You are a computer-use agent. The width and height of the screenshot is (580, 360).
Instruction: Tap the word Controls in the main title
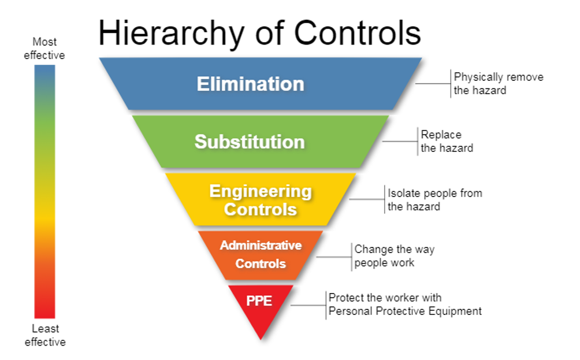click(358, 32)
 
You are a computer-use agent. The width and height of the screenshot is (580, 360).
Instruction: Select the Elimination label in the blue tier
click(250, 84)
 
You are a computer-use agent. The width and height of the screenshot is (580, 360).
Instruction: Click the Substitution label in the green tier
click(250, 142)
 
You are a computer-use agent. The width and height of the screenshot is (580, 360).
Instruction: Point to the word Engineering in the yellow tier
click(261, 192)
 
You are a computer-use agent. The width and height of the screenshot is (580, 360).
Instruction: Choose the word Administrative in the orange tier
click(261, 246)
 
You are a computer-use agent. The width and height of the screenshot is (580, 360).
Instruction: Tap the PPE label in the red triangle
click(259, 300)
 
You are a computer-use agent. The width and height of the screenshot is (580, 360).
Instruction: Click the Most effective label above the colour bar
click(44, 48)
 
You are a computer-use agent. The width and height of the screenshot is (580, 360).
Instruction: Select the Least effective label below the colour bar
click(45, 335)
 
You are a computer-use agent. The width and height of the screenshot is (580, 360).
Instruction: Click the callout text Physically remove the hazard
click(498, 84)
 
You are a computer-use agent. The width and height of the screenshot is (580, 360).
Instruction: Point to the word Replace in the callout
click(441, 135)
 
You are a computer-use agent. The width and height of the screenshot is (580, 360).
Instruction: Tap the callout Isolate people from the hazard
click(434, 200)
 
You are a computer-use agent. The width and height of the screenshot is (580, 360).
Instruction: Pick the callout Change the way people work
click(395, 256)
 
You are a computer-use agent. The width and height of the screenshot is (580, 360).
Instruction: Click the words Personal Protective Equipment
click(405, 311)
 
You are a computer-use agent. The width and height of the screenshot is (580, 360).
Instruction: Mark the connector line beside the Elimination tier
click(433, 84)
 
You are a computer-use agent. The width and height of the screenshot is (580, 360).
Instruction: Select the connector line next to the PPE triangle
click(308, 305)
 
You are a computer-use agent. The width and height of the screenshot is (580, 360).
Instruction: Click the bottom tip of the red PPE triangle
click(261, 339)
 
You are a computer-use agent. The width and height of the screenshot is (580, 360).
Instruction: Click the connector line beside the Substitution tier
click(400, 142)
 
